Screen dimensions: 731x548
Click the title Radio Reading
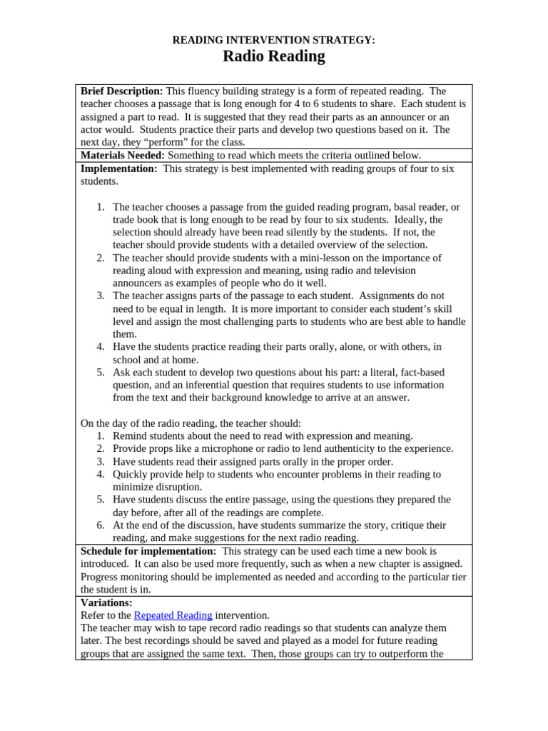[274, 56]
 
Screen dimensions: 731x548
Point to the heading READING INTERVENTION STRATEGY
[274, 40]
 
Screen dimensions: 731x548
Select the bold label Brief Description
[122, 91]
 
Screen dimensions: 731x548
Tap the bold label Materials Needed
[123, 155]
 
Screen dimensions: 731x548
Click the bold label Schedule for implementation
[148, 551]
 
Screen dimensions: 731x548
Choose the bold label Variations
[106, 603]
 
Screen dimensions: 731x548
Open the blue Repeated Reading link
[173, 615]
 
